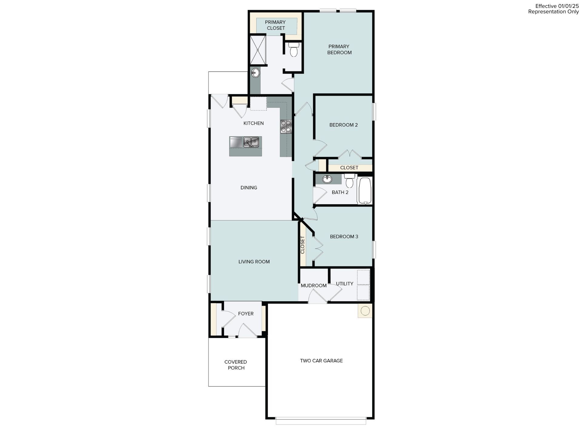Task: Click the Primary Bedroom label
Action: click(339, 49)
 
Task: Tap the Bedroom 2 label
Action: click(343, 125)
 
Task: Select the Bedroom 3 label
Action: click(344, 236)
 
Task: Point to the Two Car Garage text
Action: click(321, 361)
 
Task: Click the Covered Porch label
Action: click(236, 365)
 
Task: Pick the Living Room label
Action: click(254, 262)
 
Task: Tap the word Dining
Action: click(249, 188)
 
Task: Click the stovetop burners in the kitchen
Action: click(286, 126)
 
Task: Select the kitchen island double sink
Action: click(251, 142)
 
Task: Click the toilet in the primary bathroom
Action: click(293, 50)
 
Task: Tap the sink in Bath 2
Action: click(327, 179)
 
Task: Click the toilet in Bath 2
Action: click(350, 181)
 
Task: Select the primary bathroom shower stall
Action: click(258, 50)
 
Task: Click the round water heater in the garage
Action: click(365, 311)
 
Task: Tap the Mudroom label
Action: click(313, 286)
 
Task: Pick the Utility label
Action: click(344, 284)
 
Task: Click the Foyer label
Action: click(246, 314)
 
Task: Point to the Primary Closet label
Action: click(276, 25)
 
